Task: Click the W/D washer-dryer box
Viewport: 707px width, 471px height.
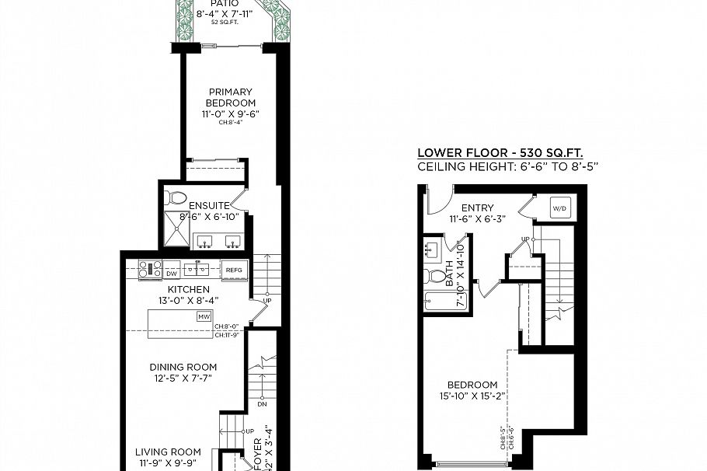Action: [559, 208]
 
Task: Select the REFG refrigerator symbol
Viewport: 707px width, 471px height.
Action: [233, 270]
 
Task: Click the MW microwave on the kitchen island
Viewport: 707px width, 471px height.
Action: [204, 317]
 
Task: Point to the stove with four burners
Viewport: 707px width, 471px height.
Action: [149, 270]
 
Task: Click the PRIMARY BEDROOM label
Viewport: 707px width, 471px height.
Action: [230, 97]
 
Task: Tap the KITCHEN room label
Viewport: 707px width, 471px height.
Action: [183, 289]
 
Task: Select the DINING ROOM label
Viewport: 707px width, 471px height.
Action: [184, 367]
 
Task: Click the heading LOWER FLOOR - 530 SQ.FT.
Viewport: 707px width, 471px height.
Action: [500, 153]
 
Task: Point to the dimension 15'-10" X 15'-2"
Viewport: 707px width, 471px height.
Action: [472, 396]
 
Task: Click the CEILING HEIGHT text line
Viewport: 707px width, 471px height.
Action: [507, 166]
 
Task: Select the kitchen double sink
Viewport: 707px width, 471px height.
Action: [197, 270]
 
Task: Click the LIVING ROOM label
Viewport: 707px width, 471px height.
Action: [168, 452]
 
